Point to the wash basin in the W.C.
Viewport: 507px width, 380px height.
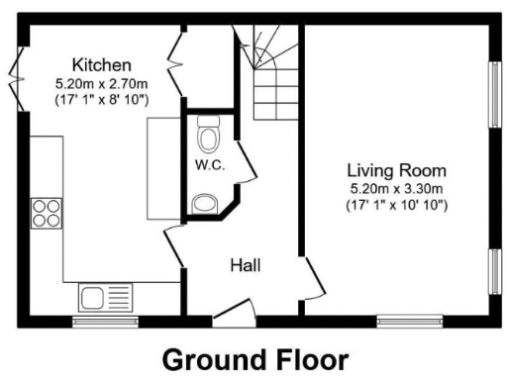point(207,204)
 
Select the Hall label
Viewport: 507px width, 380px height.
point(245,264)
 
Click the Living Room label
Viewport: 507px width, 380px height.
point(396,169)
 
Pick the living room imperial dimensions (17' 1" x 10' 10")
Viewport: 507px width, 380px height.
point(396,206)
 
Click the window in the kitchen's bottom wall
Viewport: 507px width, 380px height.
point(105,322)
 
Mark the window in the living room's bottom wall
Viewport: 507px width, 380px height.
point(409,322)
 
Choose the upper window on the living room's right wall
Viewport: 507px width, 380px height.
point(493,95)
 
